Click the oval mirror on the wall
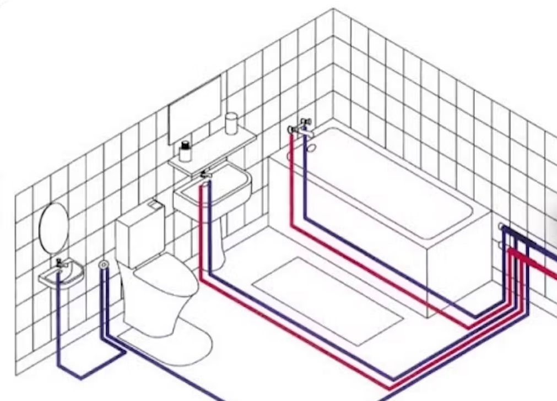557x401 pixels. pyautogui.click(x=53, y=228)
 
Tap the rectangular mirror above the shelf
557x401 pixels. pyautogui.click(x=194, y=110)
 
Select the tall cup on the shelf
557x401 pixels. pyautogui.click(x=231, y=124)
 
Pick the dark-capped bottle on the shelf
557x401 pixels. pyautogui.click(x=186, y=150)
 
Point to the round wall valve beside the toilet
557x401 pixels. pyautogui.click(x=103, y=265)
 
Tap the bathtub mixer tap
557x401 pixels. pyautogui.click(x=300, y=127)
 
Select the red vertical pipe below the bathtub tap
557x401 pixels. pyautogui.click(x=291, y=176)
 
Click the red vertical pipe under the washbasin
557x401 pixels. pyautogui.click(x=201, y=231)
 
